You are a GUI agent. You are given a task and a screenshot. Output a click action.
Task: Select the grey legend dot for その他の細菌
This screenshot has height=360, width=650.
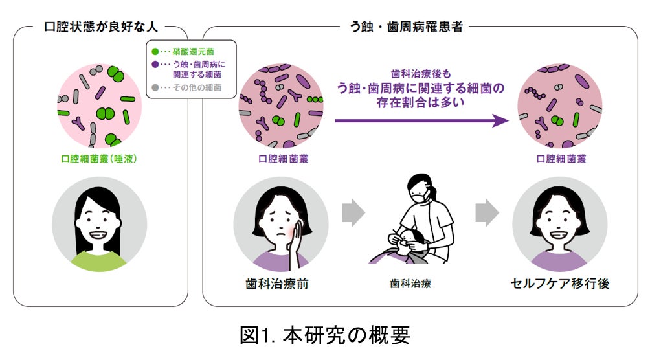click(x=155, y=87)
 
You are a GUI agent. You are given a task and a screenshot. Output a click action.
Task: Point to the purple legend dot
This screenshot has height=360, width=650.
click(x=155, y=64)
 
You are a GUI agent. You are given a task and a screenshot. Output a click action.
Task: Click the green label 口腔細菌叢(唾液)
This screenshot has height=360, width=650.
click(x=98, y=158)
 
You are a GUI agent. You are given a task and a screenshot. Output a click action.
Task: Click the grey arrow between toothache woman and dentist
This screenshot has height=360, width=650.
click(x=353, y=214)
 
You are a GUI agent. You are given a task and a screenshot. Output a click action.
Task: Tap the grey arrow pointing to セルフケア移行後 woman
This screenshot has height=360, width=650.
click(x=486, y=214)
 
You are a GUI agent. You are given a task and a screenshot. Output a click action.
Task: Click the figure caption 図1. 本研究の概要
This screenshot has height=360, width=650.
click(x=324, y=335)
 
